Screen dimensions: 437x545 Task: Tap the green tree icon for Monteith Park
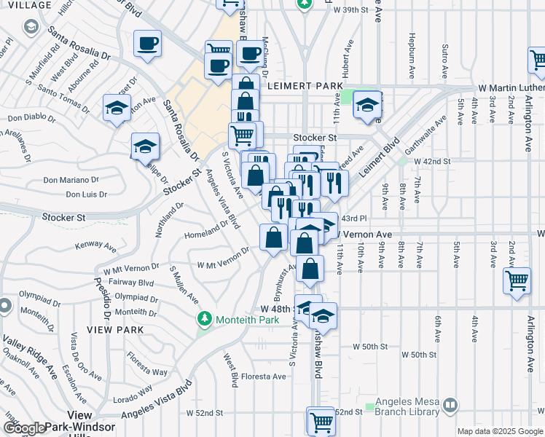pyautogui.click(x=205, y=319)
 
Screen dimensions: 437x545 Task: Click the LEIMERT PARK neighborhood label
pyautogui.click(x=305, y=86)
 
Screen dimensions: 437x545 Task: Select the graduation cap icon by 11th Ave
pyautogui.click(x=367, y=106)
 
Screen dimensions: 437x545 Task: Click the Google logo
pyautogui.click(x=25, y=428)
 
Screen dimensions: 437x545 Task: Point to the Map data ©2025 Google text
pyautogui.click(x=500, y=431)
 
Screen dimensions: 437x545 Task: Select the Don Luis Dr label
pyautogui.click(x=87, y=194)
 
